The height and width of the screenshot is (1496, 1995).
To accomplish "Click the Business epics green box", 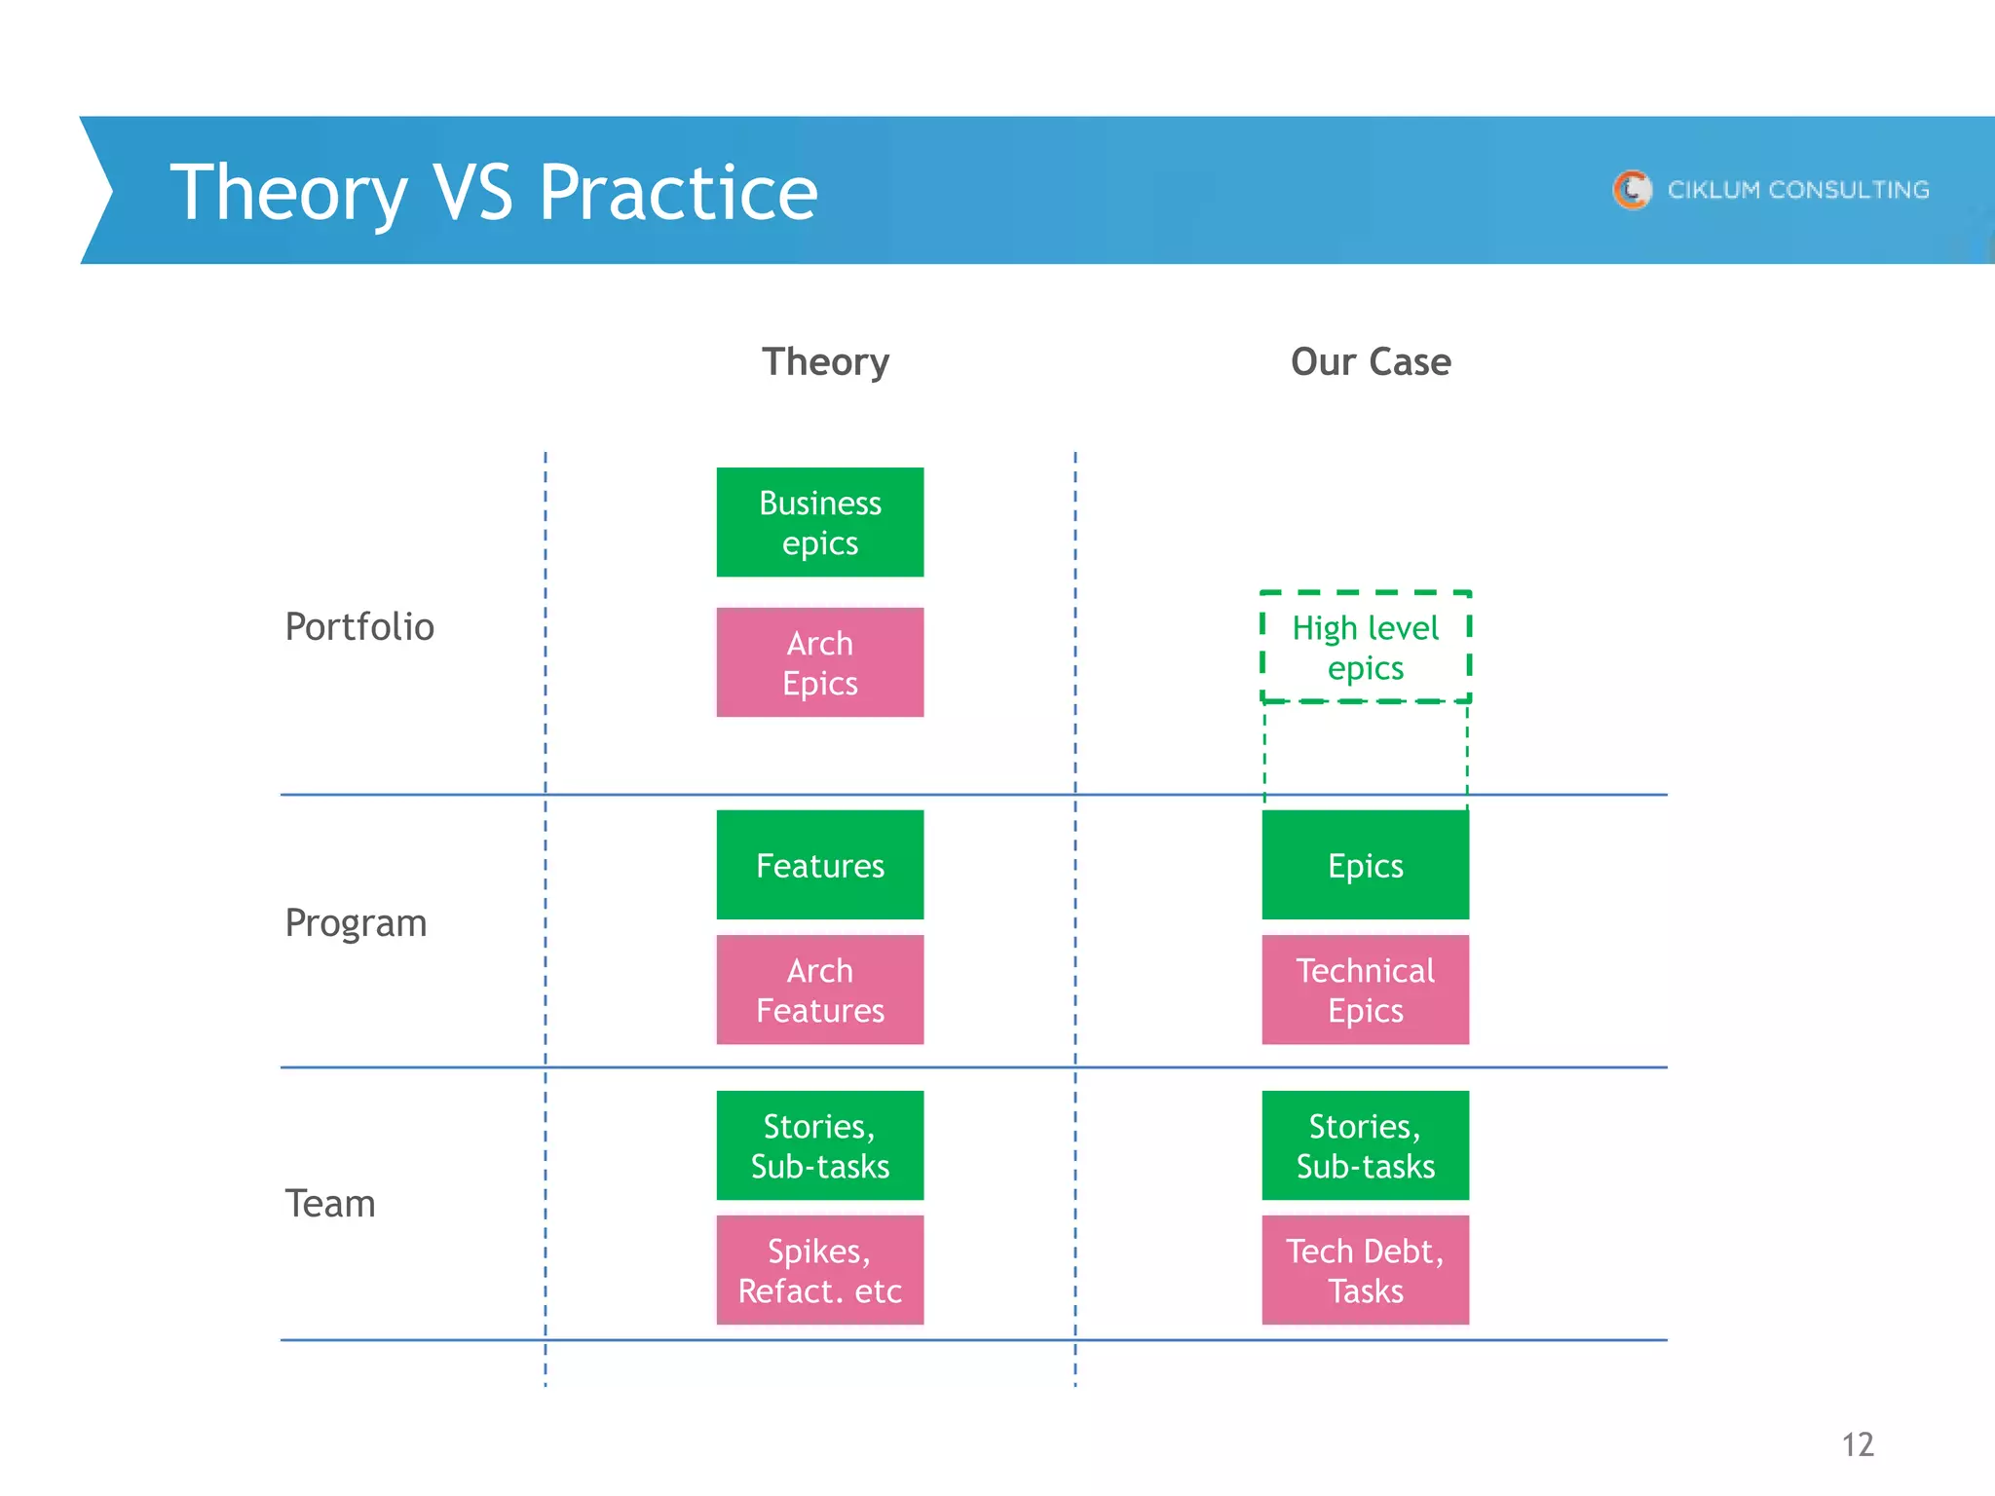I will pyautogui.click(x=819, y=522).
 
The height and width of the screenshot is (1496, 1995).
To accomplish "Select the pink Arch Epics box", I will pyautogui.click(x=819, y=662).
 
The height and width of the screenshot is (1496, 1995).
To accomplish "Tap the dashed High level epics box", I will pyautogui.click(x=1365, y=647).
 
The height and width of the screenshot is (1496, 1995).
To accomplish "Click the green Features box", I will pyautogui.click(x=819, y=865).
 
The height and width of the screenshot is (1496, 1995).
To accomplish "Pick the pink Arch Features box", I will pyautogui.click(x=819, y=990).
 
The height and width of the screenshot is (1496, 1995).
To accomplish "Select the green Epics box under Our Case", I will pyautogui.click(x=1365, y=865).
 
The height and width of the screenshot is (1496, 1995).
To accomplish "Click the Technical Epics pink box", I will pyautogui.click(x=1365, y=990).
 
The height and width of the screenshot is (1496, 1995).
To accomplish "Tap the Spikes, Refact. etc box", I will pyautogui.click(x=819, y=1270).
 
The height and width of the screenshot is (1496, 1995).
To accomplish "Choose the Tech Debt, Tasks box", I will pyautogui.click(x=1365, y=1270).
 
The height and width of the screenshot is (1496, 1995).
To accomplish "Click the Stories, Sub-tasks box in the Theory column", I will pyautogui.click(x=819, y=1145).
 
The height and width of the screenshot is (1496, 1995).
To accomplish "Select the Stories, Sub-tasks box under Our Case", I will pyautogui.click(x=1365, y=1145).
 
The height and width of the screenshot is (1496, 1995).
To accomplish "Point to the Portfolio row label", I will pyautogui.click(x=359, y=626).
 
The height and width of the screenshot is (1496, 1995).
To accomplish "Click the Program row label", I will pyautogui.click(x=356, y=923).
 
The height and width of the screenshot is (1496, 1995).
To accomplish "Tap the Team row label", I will pyautogui.click(x=330, y=1204).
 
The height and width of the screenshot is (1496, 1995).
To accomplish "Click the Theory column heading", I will pyautogui.click(x=825, y=362).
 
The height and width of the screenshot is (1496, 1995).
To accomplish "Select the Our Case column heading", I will pyautogui.click(x=1371, y=362).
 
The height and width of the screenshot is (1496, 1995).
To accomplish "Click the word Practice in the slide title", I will pyautogui.click(x=678, y=192).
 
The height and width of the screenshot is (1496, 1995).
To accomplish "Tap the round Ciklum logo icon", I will pyautogui.click(x=1633, y=189).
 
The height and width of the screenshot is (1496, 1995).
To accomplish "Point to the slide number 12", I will pyautogui.click(x=1858, y=1444).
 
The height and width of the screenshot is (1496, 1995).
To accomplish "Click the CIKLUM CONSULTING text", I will pyautogui.click(x=1798, y=190).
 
